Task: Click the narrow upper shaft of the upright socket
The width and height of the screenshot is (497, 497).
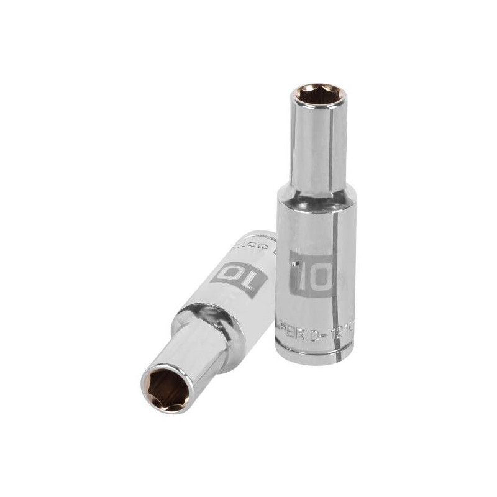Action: [309, 143]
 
